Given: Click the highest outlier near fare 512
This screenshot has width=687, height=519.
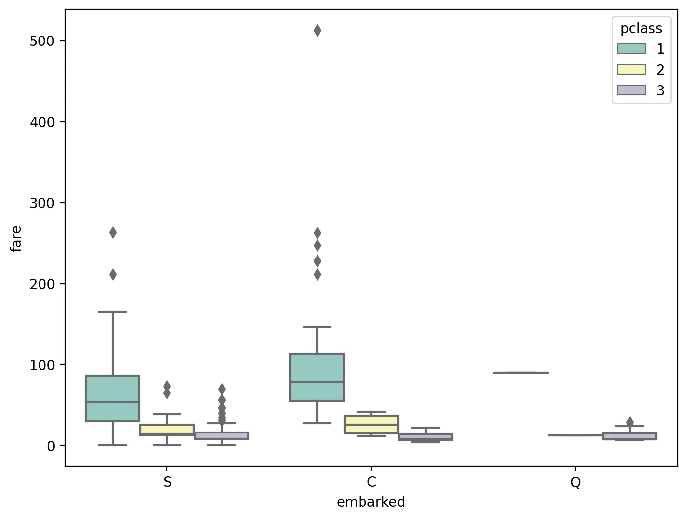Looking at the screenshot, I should (317, 31).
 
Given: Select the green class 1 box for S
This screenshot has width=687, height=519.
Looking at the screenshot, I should (113, 398).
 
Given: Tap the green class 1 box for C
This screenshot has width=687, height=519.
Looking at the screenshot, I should (317, 377).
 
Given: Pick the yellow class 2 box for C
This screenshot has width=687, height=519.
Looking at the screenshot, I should (371, 424).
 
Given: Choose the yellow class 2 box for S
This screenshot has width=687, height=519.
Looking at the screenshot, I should (167, 429).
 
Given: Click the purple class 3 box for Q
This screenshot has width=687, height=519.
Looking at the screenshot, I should (630, 436).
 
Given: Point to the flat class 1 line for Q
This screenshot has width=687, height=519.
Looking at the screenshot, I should (521, 372).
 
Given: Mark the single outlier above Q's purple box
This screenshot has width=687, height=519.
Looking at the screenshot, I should (630, 422).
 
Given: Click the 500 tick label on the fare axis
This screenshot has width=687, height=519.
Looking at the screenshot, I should (41, 41).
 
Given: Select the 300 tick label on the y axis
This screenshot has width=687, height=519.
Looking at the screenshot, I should (41, 203).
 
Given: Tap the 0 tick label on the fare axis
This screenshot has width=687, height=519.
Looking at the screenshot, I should (51, 446).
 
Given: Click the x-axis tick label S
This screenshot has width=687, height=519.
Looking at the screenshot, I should (168, 482).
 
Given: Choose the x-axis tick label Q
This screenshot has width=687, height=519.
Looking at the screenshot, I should (576, 482).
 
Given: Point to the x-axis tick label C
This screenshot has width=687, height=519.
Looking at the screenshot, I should (372, 482).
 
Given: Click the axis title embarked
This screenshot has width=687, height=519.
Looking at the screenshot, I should (371, 502).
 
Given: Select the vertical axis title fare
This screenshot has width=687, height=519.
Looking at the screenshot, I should (17, 238).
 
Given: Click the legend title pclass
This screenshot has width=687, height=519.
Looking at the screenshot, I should (641, 29).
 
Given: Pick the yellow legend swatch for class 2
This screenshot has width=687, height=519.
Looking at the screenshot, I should (631, 70).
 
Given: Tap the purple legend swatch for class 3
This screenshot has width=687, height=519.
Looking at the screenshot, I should (631, 90).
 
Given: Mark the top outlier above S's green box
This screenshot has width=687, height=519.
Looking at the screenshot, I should (113, 233).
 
